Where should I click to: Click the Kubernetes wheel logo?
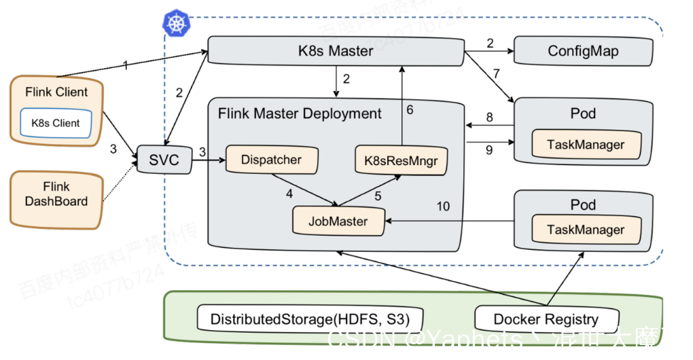pyautogui.click(x=176, y=22)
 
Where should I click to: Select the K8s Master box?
pyautogui.click(x=336, y=51)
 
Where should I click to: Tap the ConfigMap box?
pyautogui.click(x=583, y=51)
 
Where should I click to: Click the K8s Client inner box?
pyautogui.click(x=56, y=123)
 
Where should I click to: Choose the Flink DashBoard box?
pyautogui.click(x=56, y=194)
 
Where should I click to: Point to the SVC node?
pyautogui.click(x=164, y=160)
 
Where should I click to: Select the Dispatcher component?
pyautogui.click(x=271, y=160)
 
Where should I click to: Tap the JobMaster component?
pyautogui.click(x=338, y=221)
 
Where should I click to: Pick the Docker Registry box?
pyautogui.click(x=546, y=319)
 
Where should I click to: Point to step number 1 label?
pyautogui.click(x=125, y=65)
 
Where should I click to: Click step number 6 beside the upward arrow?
pyautogui.click(x=410, y=109)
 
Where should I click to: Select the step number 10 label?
pyautogui.click(x=443, y=206)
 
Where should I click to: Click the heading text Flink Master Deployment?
pyautogui.click(x=300, y=113)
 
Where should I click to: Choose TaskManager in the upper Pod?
pyautogui.click(x=586, y=145)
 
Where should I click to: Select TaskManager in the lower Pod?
pyautogui.click(x=586, y=230)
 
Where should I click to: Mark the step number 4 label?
pyautogui.click(x=289, y=194)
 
